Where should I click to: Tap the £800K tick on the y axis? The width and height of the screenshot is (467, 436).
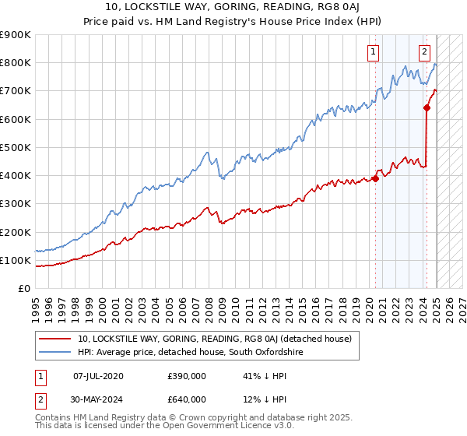(x=16, y=62)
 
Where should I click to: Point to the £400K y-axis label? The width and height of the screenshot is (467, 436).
(x=16, y=175)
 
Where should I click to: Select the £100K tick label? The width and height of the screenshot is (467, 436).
(x=16, y=260)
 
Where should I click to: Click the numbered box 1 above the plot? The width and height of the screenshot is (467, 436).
(x=374, y=53)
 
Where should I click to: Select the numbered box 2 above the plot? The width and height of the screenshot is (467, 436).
(x=424, y=53)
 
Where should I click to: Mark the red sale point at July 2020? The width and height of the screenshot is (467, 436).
(x=375, y=178)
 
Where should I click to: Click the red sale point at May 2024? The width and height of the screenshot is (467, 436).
(x=427, y=108)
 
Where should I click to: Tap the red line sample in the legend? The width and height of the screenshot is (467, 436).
(x=55, y=339)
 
